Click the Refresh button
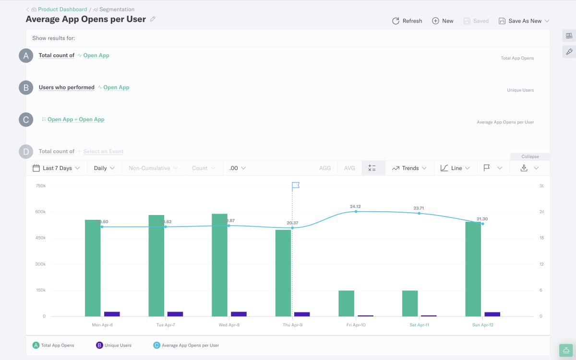pos(407,21)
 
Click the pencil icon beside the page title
pos(153,19)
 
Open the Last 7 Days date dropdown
pos(56,168)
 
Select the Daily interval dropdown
pos(104,168)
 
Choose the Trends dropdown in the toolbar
pos(409,168)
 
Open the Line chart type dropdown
pos(455,168)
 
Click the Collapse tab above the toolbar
pos(530,156)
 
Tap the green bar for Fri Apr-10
pos(346,303)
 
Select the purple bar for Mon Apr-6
pos(112,314)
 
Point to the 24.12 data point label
pos(355,206)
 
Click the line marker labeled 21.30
pos(482,224)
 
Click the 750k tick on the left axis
pos(40,186)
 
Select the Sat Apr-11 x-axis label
pos(419,325)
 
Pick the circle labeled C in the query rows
pos(26,120)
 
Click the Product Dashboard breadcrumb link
pos(62,9)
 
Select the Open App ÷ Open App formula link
pos(76,120)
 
